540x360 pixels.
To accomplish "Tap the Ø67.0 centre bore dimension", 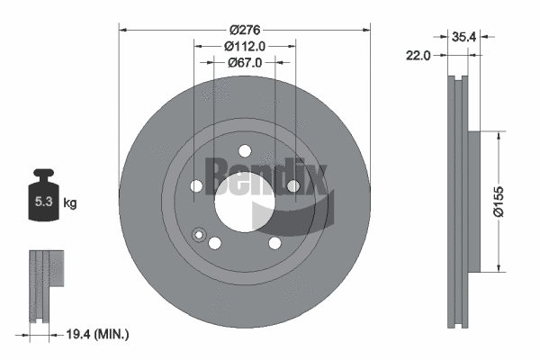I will pos(245,62).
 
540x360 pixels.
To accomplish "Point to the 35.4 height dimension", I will pos(464,37).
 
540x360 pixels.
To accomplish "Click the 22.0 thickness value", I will pos(420,56).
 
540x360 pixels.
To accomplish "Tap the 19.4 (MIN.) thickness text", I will pos(99,334).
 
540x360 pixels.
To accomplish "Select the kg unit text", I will pos(69,203).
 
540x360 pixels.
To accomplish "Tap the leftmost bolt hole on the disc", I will pos(196,186).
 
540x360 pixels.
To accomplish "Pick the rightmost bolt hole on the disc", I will pos(292,186).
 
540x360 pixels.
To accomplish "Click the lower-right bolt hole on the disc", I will pos(274,244).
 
